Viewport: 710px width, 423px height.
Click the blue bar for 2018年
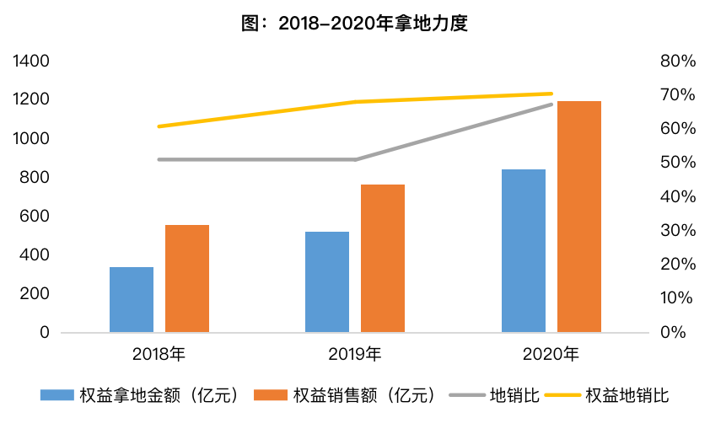click(132, 299)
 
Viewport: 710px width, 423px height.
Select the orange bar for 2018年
click(187, 279)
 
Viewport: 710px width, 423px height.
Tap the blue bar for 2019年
click(327, 281)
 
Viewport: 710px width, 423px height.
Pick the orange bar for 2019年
click(383, 259)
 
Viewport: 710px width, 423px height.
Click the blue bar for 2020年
click(524, 250)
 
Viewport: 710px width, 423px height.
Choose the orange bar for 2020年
click(579, 217)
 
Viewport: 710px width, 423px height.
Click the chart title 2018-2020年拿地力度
click(354, 23)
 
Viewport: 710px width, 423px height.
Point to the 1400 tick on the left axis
click(31, 61)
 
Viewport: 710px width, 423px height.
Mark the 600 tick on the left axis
click(35, 216)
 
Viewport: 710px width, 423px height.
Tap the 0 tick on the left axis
click(45, 333)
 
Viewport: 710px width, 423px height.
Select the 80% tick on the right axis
click(678, 61)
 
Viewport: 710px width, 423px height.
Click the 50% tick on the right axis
click(678, 162)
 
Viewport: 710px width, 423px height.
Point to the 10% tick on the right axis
click(676, 297)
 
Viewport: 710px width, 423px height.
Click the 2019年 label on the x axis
click(355, 354)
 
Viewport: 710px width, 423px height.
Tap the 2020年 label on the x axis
click(551, 354)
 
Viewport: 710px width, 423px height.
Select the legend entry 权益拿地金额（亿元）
click(139, 395)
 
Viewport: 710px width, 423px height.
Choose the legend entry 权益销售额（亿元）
click(344, 395)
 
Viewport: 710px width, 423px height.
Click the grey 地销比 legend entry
click(494, 395)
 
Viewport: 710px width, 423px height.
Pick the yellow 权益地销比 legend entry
click(606, 395)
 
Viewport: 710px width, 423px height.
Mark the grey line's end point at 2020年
click(551, 104)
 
